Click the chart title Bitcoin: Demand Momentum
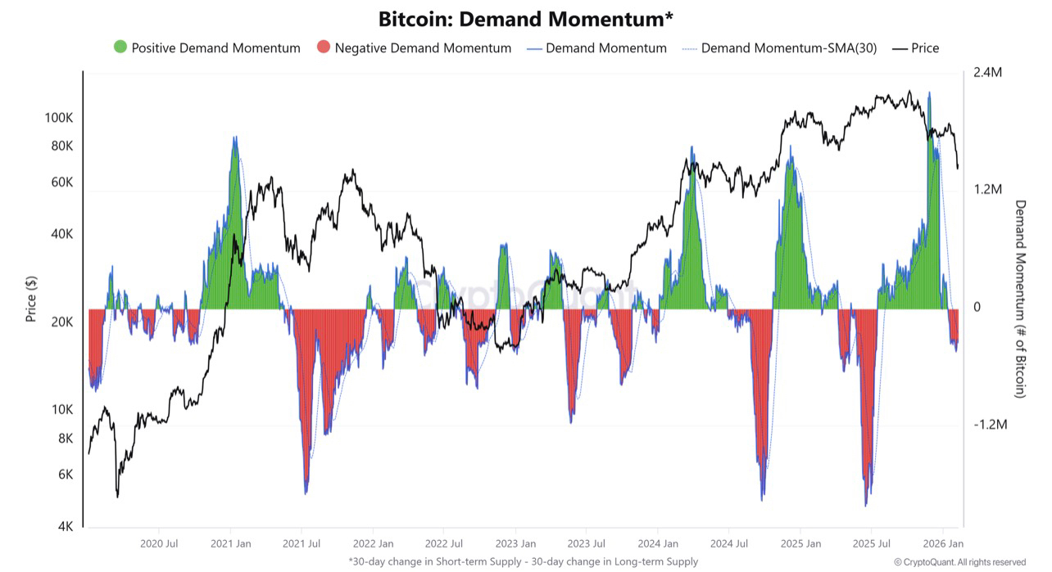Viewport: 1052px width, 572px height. coord(525,19)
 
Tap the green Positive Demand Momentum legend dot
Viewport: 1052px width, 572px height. coord(120,47)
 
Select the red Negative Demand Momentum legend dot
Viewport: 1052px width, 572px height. coord(323,47)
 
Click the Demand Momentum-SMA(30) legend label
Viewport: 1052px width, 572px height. coord(788,48)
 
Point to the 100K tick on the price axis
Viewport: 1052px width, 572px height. coord(58,118)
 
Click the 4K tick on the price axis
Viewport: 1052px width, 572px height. coord(65,526)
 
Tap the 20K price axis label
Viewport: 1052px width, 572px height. coord(61,322)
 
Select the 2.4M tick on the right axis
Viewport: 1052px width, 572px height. coord(987,73)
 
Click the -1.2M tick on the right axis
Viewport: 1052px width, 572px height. coord(989,425)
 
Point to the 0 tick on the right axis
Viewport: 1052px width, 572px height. coord(977,307)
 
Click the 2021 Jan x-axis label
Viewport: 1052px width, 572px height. coord(230,543)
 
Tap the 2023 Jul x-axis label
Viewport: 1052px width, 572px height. coord(587,543)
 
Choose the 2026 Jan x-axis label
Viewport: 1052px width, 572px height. coord(943,543)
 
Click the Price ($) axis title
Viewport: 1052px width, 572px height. coord(32,298)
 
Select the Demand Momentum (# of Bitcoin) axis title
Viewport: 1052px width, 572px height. coord(1020,299)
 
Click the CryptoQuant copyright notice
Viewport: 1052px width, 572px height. coord(959,562)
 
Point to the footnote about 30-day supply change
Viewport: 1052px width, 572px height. coord(524,561)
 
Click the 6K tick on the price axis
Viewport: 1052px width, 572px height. coord(65,475)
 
